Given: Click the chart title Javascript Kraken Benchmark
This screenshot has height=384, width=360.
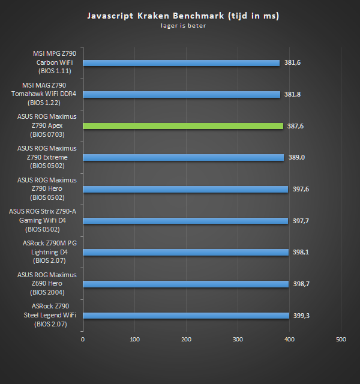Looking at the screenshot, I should [x=182, y=15].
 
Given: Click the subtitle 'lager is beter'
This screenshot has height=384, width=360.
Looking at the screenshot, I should [x=182, y=26].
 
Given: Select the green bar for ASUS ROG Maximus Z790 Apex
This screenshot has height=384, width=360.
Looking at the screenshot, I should [x=182, y=126].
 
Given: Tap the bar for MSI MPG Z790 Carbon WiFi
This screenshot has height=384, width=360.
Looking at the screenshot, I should [x=181, y=62].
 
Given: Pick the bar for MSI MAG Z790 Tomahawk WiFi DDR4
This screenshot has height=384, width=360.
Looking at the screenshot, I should [x=181, y=94].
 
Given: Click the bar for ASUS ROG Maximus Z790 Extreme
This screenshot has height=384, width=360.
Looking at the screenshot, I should [x=183, y=157].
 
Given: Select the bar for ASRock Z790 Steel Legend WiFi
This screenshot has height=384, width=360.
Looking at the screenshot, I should [x=186, y=316].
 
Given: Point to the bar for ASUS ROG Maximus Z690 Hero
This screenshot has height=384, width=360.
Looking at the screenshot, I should [x=186, y=284].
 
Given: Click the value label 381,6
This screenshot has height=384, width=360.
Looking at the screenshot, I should [x=292, y=62].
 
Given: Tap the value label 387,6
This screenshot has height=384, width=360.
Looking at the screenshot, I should [x=296, y=126].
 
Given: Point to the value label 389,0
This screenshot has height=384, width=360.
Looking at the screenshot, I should [x=296, y=157].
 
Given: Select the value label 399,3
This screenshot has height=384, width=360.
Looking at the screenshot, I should [x=302, y=316].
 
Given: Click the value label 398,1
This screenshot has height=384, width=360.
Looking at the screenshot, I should [x=301, y=252].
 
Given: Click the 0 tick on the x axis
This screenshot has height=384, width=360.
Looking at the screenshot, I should [x=83, y=340].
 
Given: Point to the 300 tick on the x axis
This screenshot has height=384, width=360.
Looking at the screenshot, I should [x=238, y=340].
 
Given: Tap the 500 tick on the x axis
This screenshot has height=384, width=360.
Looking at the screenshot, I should [x=341, y=340].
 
